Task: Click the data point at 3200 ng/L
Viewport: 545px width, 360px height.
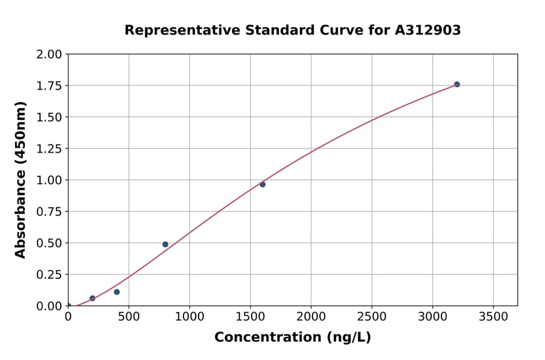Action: tap(457, 84)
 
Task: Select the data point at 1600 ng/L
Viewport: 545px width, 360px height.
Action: tap(262, 184)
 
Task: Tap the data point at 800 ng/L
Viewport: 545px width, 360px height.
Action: tap(165, 244)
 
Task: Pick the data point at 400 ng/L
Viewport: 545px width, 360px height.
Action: tap(117, 292)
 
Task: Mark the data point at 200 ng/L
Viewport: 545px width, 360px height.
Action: tap(93, 298)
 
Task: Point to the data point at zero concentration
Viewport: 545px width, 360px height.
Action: tap(68, 306)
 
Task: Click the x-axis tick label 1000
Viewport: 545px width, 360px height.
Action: tap(190, 317)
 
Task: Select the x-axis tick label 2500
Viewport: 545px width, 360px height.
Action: tap(372, 317)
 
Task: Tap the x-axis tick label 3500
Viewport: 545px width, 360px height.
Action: tap(493, 317)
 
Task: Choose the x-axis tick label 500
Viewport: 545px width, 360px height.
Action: tap(129, 317)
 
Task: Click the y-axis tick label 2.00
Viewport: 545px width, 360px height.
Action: tap(50, 55)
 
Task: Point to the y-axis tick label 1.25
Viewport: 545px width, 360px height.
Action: tap(50, 148)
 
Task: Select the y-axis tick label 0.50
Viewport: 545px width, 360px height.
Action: tap(50, 243)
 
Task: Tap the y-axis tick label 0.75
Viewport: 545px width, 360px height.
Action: tap(50, 212)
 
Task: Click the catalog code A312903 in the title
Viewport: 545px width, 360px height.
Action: tap(429, 30)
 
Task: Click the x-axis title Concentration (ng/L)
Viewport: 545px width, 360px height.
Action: tap(292, 338)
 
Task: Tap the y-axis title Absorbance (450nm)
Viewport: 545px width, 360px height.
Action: tap(21, 180)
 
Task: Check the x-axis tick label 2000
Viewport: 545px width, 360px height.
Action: tap(311, 317)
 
